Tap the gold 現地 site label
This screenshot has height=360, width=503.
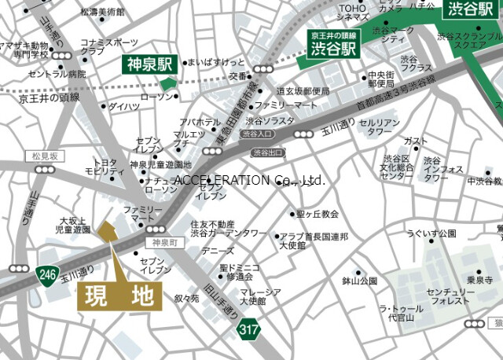tap(119, 297)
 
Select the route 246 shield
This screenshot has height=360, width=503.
tap(45, 274)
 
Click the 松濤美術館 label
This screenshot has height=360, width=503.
tap(102, 13)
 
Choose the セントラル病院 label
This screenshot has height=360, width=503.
tap(57, 74)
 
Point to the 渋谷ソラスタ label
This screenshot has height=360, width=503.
tap(270, 121)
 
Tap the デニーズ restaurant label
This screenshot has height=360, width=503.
tap(218, 251)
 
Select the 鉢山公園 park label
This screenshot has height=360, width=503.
tap(359, 281)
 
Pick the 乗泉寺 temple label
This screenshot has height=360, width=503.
tap(479, 280)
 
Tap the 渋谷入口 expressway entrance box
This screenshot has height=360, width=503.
tap(259, 134)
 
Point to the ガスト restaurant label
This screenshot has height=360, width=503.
tap(415, 141)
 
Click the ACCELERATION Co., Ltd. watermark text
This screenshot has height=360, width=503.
tap(249, 180)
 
